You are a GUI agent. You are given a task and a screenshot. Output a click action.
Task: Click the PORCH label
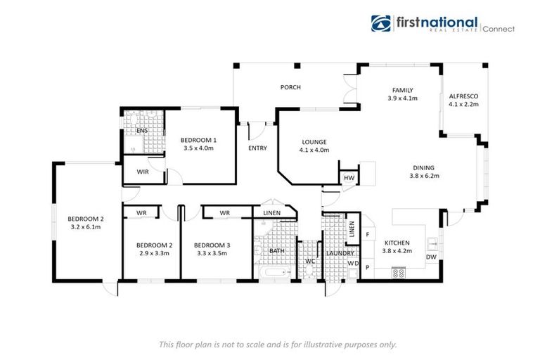pyautogui.click(x=290, y=87)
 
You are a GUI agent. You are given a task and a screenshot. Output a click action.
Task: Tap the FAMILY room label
pyautogui.click(x=403, y=90)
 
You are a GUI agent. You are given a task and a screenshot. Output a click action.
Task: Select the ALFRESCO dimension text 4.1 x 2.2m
pyautogui.click(x=463, y=104)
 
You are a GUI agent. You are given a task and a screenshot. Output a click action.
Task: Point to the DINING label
pyautogui.click(x=423, y=168)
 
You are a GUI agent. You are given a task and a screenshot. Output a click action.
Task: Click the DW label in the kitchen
pyautogui.click(x=431, y=257)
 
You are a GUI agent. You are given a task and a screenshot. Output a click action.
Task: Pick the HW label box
pyautogui.click(x=349, y=178)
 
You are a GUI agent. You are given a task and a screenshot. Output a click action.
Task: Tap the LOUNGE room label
pyautogui.click(x=314, y=142)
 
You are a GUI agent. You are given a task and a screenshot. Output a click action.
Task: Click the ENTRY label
pyautogui.click(x=257, y=148)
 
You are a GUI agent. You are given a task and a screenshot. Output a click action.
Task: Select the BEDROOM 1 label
pyautogui.click(x=198, y=140)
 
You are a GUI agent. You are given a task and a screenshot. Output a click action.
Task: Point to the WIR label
pyautogui.click(x=143, y=172)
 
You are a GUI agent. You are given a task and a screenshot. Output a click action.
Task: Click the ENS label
pyautogui.click(x=142, y=131)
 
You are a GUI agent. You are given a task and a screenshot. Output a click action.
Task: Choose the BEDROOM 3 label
pyautogui.click(x=212, y=245)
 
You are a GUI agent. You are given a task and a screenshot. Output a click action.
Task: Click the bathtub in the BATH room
pyautogui.click(x=276, y=273)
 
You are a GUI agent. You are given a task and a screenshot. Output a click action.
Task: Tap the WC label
pyautogui.click(x=310, y=262)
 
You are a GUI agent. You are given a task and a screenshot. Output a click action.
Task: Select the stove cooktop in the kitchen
pyautogui.click(x=399, y=274)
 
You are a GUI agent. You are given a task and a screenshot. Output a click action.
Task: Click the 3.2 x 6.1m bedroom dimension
pyautogui.click(x=86, y=227)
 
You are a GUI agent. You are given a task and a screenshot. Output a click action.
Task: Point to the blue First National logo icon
pyautogui.click(x=381, y=23)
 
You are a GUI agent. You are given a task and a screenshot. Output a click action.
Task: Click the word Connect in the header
pyautogui.click(x=499, y=30)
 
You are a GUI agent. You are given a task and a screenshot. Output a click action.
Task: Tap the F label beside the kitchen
pyautogui.click(x=368, y=235)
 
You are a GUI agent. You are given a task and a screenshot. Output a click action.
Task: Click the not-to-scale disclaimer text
pyautogui.click(x=278, y=345)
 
